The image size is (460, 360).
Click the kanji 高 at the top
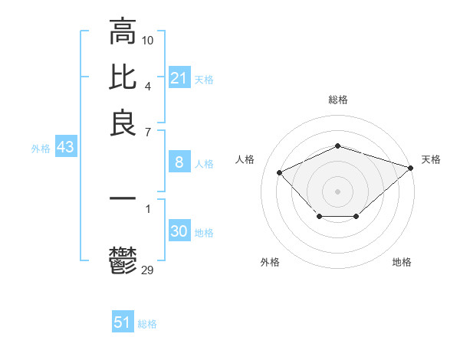123,33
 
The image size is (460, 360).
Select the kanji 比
123,78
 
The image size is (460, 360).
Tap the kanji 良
123,123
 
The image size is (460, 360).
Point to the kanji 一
123,198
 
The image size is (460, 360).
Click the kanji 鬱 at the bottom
123,260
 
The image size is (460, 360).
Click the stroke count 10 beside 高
148,39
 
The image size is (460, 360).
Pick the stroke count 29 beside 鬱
148,269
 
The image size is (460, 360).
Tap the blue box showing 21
179,78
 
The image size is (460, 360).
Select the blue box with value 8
179,162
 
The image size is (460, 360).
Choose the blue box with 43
65,148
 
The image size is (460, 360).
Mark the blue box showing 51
123,322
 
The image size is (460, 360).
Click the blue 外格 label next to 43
41,149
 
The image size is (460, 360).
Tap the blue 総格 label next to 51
147,324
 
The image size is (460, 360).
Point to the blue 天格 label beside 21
204,79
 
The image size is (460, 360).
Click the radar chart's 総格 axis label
338,100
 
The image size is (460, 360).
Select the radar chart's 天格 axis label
431,159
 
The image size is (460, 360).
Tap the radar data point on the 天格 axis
411,166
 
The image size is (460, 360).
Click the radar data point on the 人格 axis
280,172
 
